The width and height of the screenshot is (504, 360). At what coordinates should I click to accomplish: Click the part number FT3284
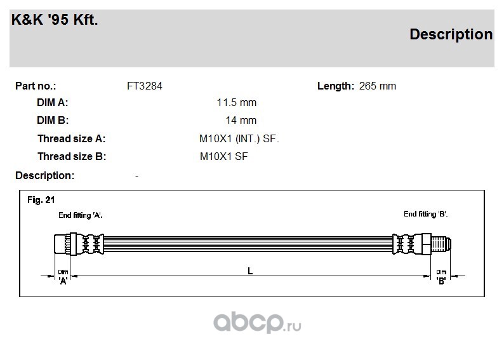pyautogui.click(x=145, y=86)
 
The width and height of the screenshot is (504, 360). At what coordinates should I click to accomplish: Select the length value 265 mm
pyautogui.click(x=377, y=86)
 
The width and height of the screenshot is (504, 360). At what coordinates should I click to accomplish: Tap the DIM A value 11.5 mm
pyautogui.click(x=237, y=102)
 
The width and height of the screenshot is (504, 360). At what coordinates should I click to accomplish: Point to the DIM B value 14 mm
pyautogui.click(x=241, y=120)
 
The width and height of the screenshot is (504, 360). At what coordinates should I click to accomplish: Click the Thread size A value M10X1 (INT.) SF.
pyautogui.click(x=239, y=139)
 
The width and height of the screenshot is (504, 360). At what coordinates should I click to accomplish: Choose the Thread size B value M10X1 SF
pyautogui.click(x=223, y=157)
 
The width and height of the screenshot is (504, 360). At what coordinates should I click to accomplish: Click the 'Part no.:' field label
pyautogui.click(x=36, y=86)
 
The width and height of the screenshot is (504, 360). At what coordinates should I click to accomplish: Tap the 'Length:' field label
pyautogui.click(x=336, y=86)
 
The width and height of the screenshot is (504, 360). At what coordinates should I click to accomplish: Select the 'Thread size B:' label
pyautogui.click(x=72, y=157)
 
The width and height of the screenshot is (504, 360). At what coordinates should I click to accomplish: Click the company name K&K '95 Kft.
pyautogui.click(x=55, y=20)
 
